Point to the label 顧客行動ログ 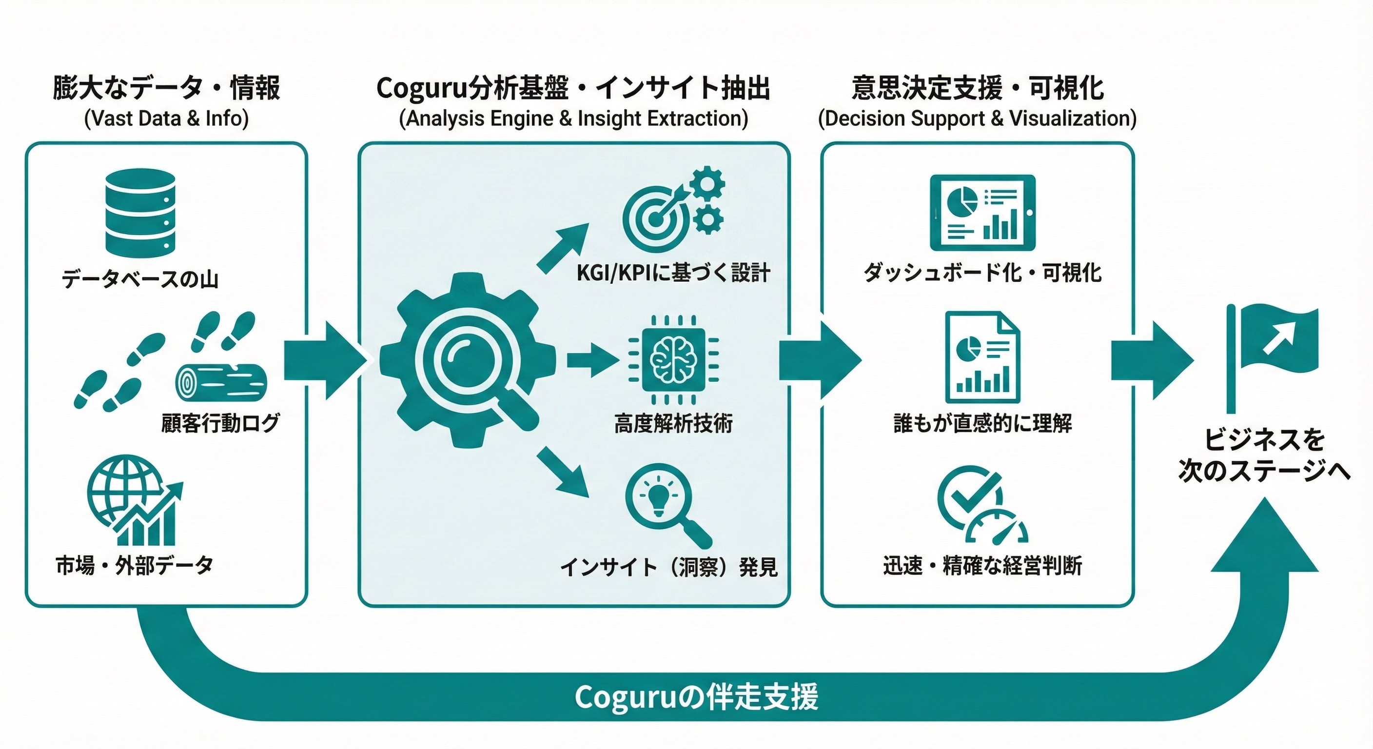click(x=220, y=423)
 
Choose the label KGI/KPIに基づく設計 click(x=673, y=274)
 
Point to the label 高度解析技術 click(x=673, y=424)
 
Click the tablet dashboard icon click(x=982, y=213)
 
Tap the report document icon click(x=982, y=357)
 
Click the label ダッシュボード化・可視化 click(x=982, y=274)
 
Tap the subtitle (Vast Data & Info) click(x=166, y=118)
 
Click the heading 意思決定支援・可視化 click(x=978, y=88)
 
